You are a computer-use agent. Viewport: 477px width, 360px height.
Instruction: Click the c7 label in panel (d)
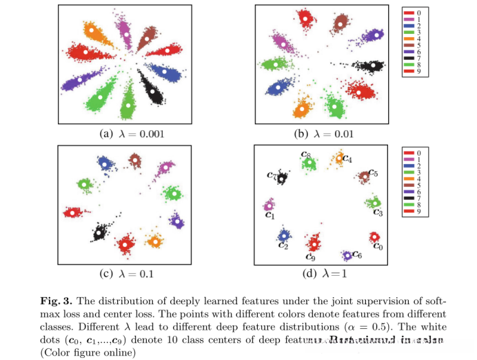coord(272,176)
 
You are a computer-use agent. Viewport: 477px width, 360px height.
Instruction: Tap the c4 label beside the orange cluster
coord(347,159)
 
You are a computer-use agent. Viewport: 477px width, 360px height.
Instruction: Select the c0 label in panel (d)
coord(378,246)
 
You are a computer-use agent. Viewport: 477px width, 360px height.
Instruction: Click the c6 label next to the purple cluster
coord(357,255)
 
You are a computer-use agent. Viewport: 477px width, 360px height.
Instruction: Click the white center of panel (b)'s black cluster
coord(373,66)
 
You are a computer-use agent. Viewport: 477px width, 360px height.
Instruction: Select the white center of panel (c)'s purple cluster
coord(176,221)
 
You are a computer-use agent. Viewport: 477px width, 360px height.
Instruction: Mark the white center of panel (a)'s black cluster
coord(151,90)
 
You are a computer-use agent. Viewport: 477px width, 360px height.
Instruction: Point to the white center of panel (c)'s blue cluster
coord(104,163)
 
